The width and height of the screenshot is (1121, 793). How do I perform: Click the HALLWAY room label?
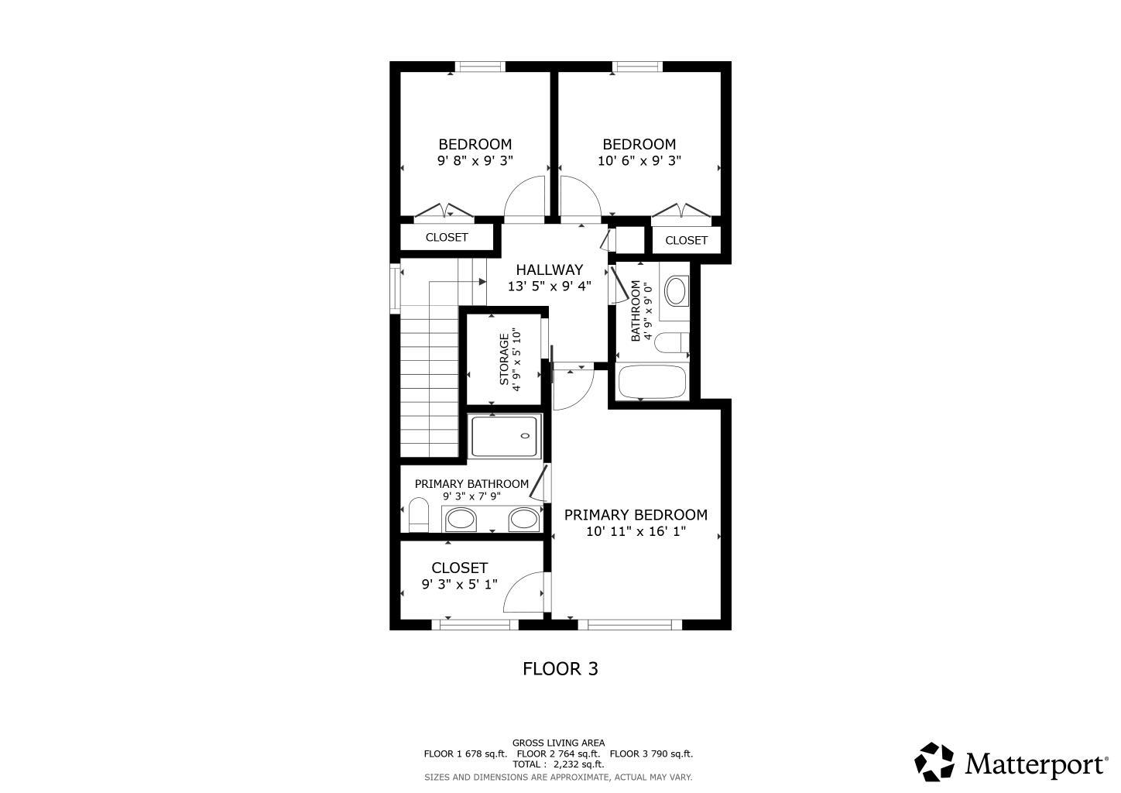click(x=550, y=269)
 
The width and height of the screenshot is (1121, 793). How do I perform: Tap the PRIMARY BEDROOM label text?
click(x=636, y=515)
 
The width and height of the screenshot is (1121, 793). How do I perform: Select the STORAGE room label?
click(x=504, y=359)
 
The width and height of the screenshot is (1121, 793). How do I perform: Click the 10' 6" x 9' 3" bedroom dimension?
click(x=639, y=161)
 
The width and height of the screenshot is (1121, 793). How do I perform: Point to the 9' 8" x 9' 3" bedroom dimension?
click(x=475, y=161)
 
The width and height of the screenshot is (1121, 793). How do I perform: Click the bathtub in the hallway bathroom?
click(x=653, y=382)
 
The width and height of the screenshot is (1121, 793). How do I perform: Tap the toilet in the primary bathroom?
click(x=419, y=514)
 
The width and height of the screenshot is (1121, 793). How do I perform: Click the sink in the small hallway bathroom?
click(x=676, y=291)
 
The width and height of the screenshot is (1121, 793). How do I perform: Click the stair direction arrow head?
click(x=482, y=282)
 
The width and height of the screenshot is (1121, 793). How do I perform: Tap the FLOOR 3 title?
click(x=560, y=669)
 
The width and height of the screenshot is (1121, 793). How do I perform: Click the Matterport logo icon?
click(x=934, y=762)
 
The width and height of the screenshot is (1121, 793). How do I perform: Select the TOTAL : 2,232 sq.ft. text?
click(x=558, y=764)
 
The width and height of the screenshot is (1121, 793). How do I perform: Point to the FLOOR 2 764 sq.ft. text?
click(x=558, y=754)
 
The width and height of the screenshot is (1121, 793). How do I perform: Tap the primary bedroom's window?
click(x=630, y=624)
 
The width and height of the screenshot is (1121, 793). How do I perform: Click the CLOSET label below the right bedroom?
click(x=686, y=240)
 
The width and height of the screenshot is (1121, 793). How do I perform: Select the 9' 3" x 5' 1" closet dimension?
click(x=459, y=584)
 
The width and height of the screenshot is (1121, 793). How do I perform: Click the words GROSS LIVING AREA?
click(x=558, y=743)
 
